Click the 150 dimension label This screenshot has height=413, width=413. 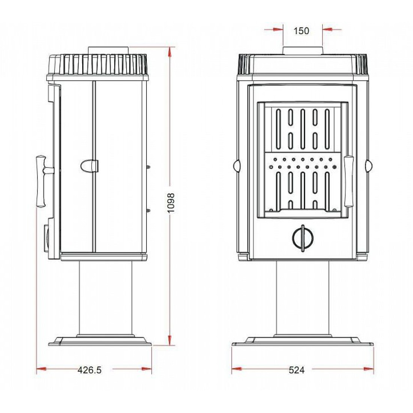[301, 31]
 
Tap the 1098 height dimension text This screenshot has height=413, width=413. [171, 203]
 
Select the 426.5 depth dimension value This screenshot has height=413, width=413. [90, 370]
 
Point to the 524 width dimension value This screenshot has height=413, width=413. [297, 370]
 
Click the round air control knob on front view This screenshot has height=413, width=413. [303, 238]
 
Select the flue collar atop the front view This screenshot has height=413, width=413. [303, 51]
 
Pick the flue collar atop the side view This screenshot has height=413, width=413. [108, 51]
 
